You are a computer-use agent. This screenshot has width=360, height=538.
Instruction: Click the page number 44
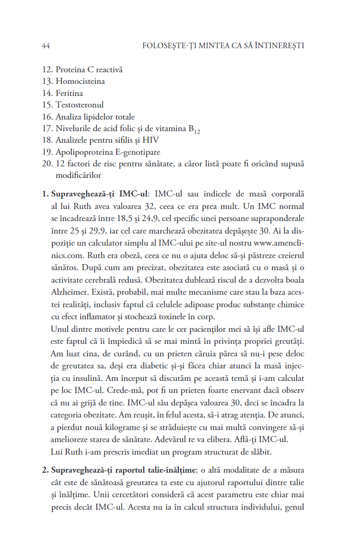[x=46, y=46]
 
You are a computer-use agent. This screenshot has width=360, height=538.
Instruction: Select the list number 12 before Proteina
[x=47, y=70]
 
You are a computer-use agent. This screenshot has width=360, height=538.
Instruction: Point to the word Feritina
[x=69, y=93]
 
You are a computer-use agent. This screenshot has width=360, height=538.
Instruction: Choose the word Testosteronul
[x=80, y=105]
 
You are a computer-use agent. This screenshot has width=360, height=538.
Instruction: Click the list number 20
[x=47, y=164]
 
